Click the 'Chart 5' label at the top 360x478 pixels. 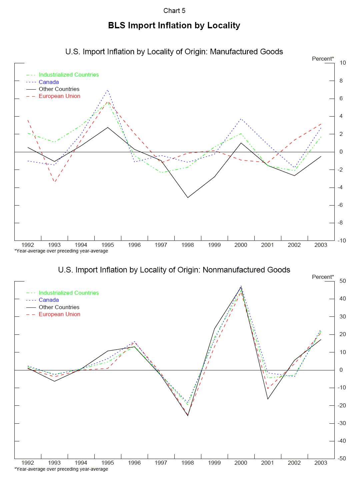(174, 11)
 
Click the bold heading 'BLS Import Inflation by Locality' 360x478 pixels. (174, 26)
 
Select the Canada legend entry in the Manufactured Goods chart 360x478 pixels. (49, 82)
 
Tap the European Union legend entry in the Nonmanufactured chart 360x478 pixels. (59, 314)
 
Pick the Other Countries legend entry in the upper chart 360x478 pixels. (59, 89)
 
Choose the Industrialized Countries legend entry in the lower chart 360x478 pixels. (69, 293)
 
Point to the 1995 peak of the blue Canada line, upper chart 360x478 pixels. (108, 90)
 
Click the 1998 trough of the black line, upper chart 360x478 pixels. (188, 198)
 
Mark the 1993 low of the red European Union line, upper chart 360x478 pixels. (54, 182)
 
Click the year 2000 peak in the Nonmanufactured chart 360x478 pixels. (241, 286)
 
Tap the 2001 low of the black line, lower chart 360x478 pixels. (268, 399)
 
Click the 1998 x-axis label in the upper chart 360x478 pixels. (188, 245)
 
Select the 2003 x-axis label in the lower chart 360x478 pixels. (321, 463)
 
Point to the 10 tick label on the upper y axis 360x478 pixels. (343, 63)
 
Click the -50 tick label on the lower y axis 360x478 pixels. (342, 458)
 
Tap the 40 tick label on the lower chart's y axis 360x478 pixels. (343, 298)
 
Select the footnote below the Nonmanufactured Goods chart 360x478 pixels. (61, 469)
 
